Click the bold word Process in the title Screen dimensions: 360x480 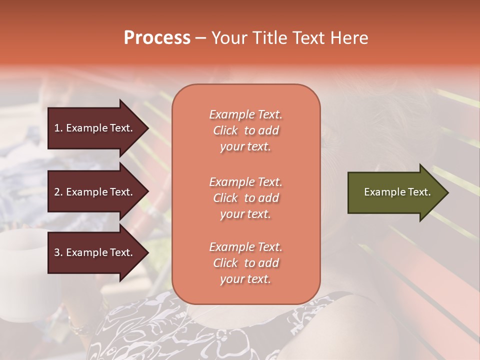(x=157, y=38)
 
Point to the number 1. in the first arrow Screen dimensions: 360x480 (x=58, y=128)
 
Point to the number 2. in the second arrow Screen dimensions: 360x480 (x=58, y=192)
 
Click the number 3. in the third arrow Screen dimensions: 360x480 (x=58, y=252)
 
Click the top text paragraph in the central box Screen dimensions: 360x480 (x=245, y=130)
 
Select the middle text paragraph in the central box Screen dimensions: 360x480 (x=245, y=198)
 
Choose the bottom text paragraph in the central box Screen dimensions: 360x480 (x=245, y=263)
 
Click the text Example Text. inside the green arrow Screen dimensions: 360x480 (x=397, y=192)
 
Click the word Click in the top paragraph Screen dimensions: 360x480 (x=225, y=130)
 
